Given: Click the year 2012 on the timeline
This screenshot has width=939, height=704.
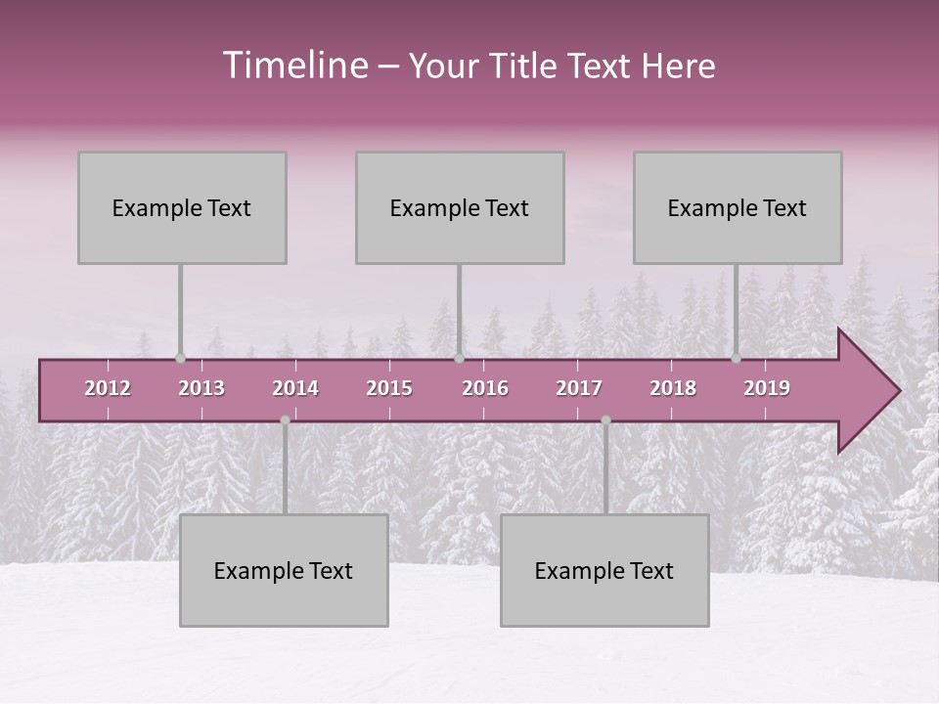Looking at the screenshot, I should [108, 388].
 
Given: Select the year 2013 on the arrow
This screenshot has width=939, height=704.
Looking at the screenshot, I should [201, 388].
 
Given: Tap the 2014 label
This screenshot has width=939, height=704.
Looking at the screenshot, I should [295, 388].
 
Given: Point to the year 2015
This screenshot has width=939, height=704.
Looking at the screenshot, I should [389, 388].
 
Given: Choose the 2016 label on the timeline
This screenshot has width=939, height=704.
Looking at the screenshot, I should [485, 388].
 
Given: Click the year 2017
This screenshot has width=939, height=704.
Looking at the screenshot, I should [579, 388].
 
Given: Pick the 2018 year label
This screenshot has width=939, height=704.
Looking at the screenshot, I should [673, 388].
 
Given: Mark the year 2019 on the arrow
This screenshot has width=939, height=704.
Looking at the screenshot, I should [767, 388].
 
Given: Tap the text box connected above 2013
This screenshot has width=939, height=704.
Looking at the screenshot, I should [182, 207].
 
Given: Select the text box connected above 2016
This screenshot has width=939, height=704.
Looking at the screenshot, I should [460, 207].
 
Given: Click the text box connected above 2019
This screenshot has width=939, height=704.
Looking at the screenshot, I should [738, 207].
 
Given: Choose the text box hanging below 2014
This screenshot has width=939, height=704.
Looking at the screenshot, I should [284, 570].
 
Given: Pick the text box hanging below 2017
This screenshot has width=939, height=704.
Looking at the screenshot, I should [604, 570].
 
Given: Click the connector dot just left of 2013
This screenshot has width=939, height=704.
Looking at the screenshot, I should [180, 358].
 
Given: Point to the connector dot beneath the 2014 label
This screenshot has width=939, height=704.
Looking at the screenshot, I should [285, 420].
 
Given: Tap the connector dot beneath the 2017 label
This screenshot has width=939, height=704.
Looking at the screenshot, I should [605, 420].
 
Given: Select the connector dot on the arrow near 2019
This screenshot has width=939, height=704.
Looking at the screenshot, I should [736, 358].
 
